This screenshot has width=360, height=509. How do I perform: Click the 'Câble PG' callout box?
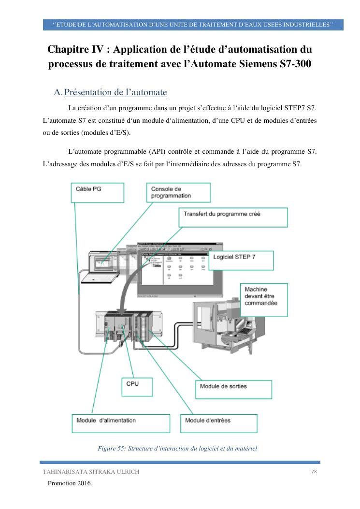pyautogui.click(x=97, y=193)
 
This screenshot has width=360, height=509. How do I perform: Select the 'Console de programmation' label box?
pyautogui.click(x=178, y=192)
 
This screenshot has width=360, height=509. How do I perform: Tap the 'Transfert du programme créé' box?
pyautogui.click(x=233, y=218)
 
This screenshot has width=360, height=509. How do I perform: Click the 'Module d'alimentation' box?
pyautogui.click(x=120, y=423)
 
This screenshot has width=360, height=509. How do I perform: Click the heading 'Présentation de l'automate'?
pyautogui.click(x=115, y=92)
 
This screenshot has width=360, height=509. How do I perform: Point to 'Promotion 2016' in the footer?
pyautogui.click(x=69, y=483)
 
